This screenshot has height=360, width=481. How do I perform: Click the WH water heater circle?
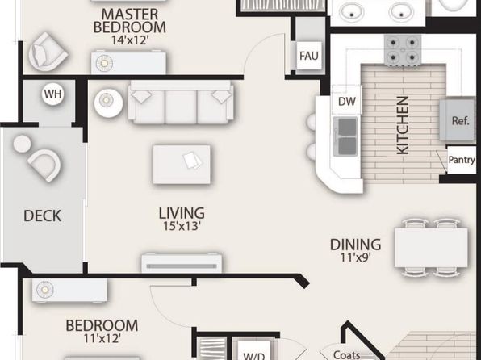point(52,94)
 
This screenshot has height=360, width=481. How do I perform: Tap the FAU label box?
point(309,56)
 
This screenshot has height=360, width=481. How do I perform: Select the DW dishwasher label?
point(347,101)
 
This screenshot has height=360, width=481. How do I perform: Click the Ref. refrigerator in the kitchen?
point(458,120)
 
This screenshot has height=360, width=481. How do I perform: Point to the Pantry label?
point(462,160)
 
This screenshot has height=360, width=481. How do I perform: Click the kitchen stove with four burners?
point(403,50)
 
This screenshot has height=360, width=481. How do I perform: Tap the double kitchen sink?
point(345,136)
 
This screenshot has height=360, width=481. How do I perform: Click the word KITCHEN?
point(403,125)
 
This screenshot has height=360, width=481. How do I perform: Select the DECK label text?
point(42,216)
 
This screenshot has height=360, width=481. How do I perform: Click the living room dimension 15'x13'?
point(182,227)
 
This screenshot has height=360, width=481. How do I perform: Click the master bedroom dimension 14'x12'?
point(130,40)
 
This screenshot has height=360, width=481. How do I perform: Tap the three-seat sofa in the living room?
point(181,102)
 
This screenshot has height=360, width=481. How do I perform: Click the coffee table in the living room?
point(182,165)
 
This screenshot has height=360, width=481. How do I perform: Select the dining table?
point(431,247)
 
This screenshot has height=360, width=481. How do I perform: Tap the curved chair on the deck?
point(44,165)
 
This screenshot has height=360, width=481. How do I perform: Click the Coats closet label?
point(347,354)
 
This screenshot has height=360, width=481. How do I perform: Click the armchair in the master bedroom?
point(48,52)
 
